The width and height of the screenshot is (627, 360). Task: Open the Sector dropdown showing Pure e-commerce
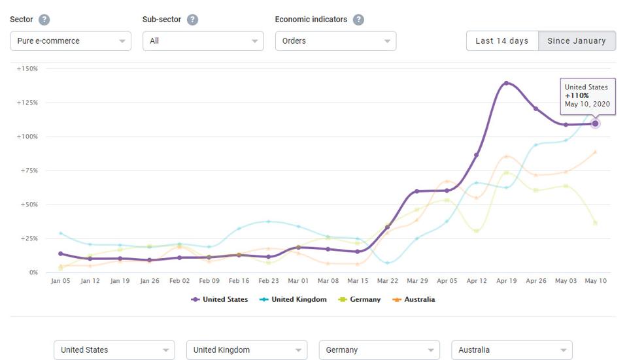point(70,41)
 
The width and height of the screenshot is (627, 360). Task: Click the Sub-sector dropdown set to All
point(203,41)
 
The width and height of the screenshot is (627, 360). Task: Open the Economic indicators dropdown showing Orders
point(335,41)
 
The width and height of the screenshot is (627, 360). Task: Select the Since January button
point(576,41)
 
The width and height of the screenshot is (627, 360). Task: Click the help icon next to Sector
point(44,20)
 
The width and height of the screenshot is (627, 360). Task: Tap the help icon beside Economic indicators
point(358,20)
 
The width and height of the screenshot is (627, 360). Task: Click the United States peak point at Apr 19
point(506,83)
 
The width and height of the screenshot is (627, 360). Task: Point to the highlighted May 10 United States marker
point(595,123)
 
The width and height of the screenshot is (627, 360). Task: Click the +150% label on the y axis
point(27,69)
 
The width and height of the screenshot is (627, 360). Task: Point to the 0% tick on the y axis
point(32,272)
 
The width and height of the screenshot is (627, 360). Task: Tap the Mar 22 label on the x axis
point(387,281)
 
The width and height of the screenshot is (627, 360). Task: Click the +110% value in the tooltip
point(577,95)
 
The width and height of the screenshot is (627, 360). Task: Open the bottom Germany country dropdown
point(379,350)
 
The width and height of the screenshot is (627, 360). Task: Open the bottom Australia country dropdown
point(511,350)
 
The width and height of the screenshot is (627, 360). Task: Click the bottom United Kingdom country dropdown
point(246,350)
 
